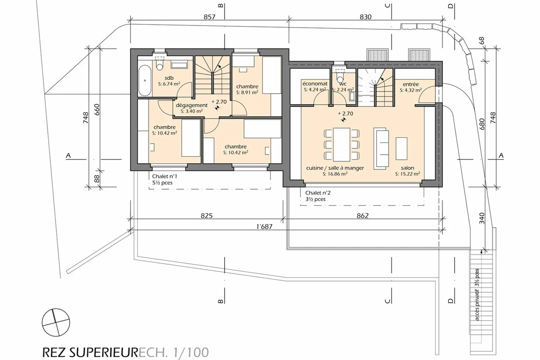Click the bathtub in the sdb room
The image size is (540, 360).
pyautogui.click(x=145, y=81)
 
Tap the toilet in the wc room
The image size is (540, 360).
pyautogui.click(x=340, y=76)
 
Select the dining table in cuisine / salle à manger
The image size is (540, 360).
pyautogui.click(x=341, y=144)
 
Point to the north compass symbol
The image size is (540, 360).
pyautogui.click(x=56, y=323)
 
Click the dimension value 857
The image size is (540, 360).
pyautogui.click(x=210, y=17)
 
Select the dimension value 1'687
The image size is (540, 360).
pyautogui.click(x=264, y=226)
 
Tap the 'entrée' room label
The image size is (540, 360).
pyautogui.click(x=411, y=84)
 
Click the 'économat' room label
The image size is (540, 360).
pyautogui.click(x=315, y=84)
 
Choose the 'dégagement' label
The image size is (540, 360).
pyautogui.click(x=192, y=105)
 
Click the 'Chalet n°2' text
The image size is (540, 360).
pyautogui.click(x=318, y=193)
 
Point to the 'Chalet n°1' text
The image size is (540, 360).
pyautogui.click(x=165, y=176)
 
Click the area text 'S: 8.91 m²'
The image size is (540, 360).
pyautogui.click(x=247, y=92)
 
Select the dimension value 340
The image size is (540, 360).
pyautogui.click(x=482, y=218)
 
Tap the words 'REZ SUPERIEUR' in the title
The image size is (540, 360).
pyautogui.click(x=90, y=352)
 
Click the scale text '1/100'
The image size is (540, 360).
pyautogui.click(x=191, y=352)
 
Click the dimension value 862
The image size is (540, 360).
pyautogui.click(x=363, y=216)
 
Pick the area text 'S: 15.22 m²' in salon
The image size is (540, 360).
pyautogui.click(x=407, y=174)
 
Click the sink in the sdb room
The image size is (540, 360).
pyautogui.click(x=179, y=65)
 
